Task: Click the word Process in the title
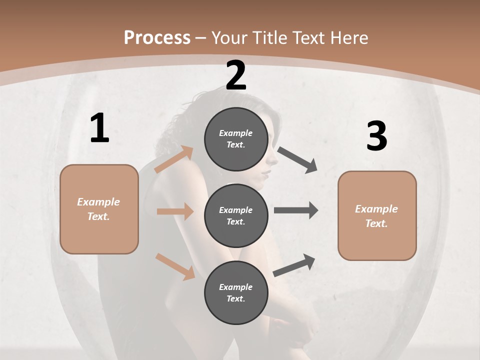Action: [157, 37]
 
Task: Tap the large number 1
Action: [99, 128]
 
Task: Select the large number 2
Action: [236, 75]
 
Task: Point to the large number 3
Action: [376, 136]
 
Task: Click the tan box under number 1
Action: [99, 209]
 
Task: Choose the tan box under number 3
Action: [377, 215]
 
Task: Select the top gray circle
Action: [236, 139]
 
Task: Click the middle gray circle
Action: [236, 215]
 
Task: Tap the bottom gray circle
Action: [236, 292]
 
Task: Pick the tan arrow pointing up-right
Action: [174, 159]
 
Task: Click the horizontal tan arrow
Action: [175, 211]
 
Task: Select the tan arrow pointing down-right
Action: [175, 266]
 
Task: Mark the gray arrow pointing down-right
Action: [297, 160]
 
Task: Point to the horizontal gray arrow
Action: [296, 210]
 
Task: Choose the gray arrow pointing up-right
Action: [294, 265]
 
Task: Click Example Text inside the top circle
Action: [236, 139]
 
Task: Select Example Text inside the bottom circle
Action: [236, 292]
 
